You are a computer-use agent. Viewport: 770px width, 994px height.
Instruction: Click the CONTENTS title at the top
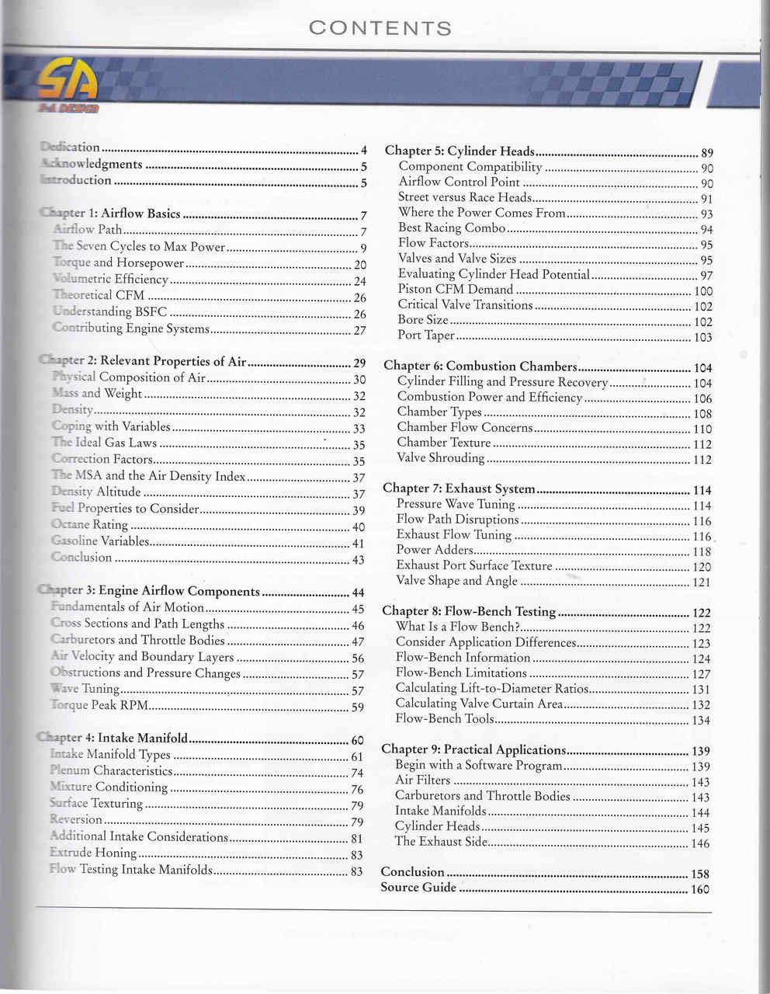380,29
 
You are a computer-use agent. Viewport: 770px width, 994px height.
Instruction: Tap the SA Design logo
68,84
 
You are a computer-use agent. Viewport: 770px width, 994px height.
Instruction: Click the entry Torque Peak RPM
99,706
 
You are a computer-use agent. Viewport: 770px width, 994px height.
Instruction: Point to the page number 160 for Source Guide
700,889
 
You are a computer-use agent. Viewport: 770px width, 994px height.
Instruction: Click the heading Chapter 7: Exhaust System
459,488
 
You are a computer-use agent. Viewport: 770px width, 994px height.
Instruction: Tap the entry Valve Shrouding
441,457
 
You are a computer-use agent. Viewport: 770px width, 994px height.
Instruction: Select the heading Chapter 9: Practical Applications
473,749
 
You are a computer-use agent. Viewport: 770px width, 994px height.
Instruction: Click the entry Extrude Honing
93,853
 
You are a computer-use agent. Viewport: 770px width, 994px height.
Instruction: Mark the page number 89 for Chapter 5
706,153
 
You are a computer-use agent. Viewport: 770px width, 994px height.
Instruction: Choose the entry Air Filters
422,780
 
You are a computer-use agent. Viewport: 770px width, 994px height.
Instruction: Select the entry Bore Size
423,320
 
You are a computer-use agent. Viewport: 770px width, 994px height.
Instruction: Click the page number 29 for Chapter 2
359,363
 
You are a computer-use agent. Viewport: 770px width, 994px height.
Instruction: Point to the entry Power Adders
434,550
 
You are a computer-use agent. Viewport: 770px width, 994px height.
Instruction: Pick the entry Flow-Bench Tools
445,718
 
